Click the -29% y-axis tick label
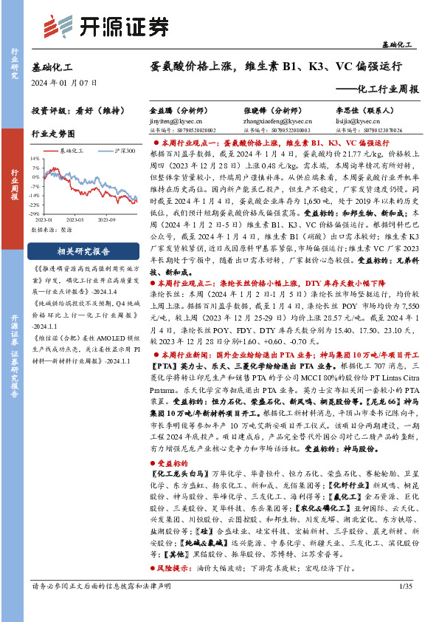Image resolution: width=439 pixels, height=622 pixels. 35,213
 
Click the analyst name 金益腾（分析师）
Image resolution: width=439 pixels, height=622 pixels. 179,109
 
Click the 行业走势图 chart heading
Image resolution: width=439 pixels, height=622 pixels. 53,134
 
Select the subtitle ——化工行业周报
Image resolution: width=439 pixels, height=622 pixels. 383,89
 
